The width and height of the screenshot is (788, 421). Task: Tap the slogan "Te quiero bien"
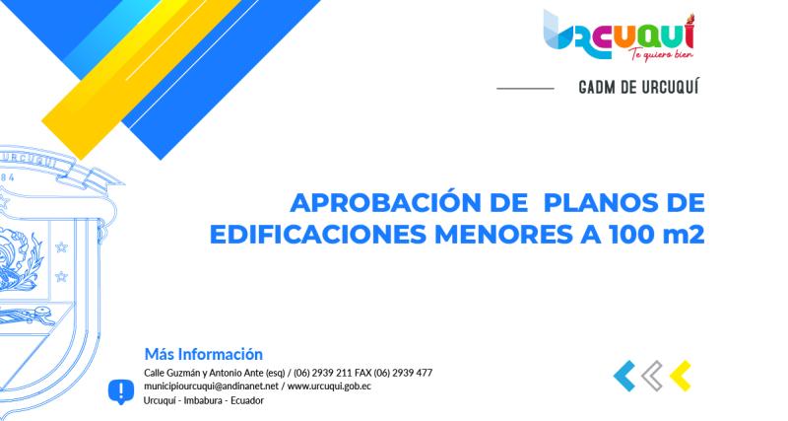(656, 55)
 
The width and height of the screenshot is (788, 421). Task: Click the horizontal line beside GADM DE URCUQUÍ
(525, 89)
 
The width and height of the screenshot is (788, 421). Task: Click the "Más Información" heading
(203, 353)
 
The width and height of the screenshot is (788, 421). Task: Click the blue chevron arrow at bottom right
(624, 375)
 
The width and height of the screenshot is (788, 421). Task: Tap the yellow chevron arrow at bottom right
(680, 375)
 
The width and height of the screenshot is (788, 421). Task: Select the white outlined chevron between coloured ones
(652, 375)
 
